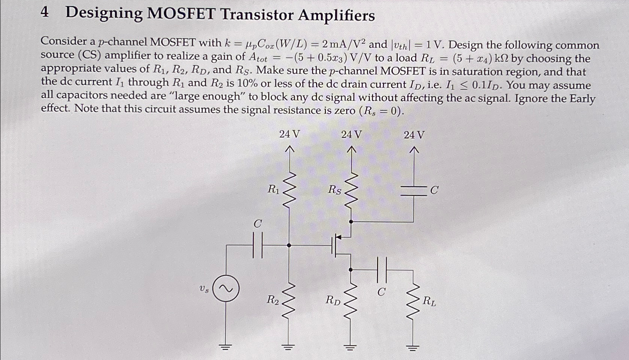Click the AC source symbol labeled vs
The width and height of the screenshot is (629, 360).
tap(226, 289)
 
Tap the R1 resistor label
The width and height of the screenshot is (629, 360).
tap(274, 190)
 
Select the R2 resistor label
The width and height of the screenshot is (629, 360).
tap(272, 299)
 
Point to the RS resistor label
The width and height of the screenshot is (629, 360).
tap(334, 190)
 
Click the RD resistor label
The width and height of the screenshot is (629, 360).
tap(333, 300)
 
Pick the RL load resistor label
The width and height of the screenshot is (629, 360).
tap(429, 301)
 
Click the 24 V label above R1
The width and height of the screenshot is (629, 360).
tap(289, 134)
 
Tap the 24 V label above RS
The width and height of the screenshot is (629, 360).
tap(351, 134)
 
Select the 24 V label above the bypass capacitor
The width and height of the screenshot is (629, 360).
tap(414, 135)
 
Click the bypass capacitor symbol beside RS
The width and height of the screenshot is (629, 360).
tap(414, 191)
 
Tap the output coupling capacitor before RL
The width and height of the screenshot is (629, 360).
tap(382, 270)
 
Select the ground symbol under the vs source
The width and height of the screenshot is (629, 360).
tap(225, 347)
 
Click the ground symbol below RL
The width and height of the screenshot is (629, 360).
tap(413, 348)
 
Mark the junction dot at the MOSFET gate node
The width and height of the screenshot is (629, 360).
tap(289, 245)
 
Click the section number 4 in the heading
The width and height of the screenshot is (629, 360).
tap(44, 12)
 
